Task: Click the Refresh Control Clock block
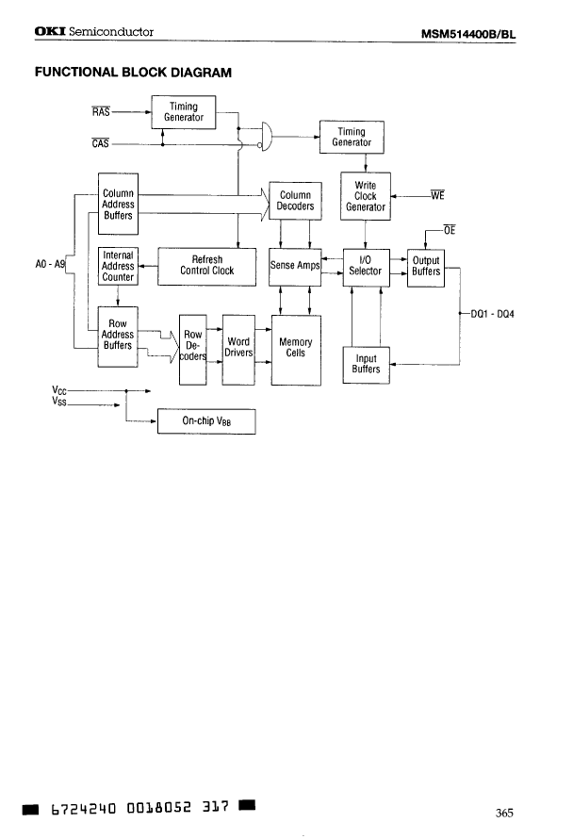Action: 206,265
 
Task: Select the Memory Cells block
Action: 296,349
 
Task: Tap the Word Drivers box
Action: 238,349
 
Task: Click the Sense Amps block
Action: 295,265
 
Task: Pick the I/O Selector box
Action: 365,265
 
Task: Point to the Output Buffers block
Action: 426,266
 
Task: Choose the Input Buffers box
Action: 366,364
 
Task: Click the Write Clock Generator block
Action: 365,196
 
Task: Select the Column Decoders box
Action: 295,201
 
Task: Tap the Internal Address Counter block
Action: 118,266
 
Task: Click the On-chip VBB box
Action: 206,420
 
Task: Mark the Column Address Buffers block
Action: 118,204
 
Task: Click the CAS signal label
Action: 101,143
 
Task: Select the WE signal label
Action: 436,196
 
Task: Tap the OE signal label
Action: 449,229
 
